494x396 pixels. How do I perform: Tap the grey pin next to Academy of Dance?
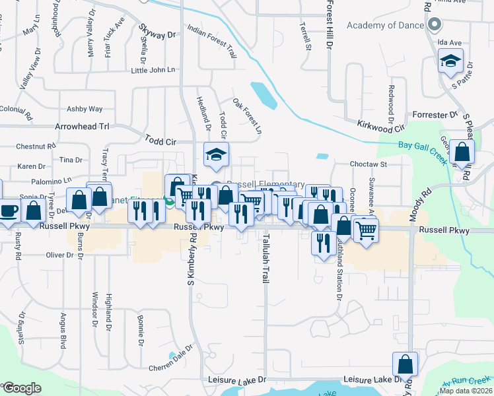(435, 25)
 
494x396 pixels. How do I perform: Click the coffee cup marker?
(9, 211)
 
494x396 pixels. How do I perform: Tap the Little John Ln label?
(153, 70)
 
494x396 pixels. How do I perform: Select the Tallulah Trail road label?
(265, 259)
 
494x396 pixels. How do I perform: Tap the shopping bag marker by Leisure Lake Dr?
(405, 364)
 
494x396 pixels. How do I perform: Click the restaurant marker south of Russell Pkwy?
(322, 242)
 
